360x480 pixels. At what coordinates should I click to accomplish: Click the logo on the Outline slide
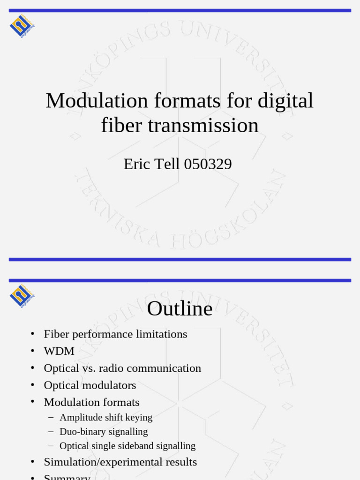pos(22,295)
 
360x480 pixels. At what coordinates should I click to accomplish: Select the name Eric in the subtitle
pos(137,164)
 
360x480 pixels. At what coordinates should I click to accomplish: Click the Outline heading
pos(180,309)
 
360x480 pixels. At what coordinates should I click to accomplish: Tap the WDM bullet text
pos(59,351)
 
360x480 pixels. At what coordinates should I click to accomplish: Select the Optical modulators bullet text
pos(90,385)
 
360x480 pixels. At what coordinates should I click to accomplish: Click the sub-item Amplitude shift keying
pos(106,417)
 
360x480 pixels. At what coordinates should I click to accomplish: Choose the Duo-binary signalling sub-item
pos(104,432)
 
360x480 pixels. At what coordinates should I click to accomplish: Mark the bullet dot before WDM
pos(32,351)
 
